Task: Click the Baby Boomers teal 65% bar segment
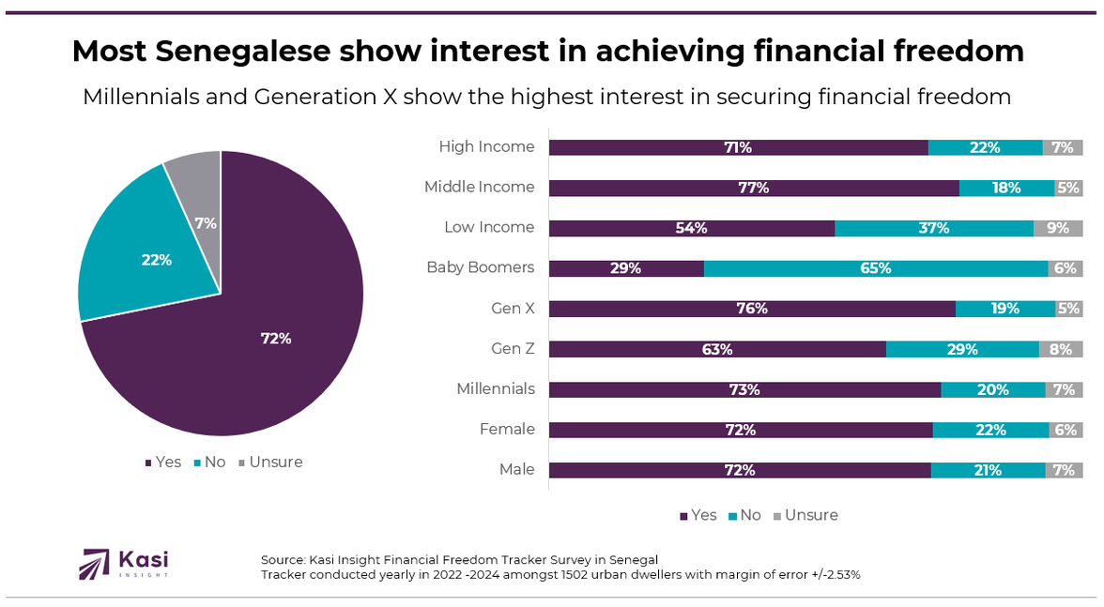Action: pos(875,268)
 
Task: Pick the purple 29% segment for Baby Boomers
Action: pos(626,268)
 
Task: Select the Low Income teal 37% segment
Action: pos(933,228)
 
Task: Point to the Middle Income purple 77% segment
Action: pos(753,188)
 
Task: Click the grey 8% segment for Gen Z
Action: pos(1061,349)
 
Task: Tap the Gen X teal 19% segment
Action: pos(1004,309)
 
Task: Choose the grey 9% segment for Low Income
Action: pos(1058,228)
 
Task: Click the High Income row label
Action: pos(486,146)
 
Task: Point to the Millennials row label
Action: pos(495,388)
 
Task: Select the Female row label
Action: pos(507,429)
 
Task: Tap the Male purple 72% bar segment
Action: pos(740,470)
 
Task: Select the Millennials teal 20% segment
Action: pos(992,389)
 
